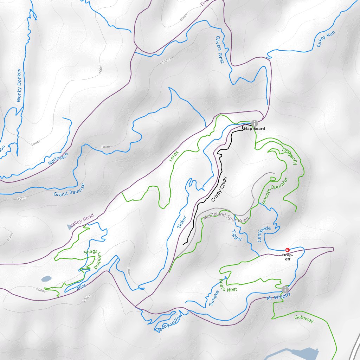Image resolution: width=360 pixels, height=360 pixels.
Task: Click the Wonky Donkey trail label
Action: pyautogui.click(x=19, y=85)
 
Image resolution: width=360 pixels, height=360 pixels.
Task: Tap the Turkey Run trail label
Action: pyautogui.click(x=326, y=39)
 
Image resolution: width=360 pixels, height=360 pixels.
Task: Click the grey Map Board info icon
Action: pyautogui.click(x=254, y=123)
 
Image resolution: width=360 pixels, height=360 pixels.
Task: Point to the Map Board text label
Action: pyautogui.click(x=255, y=129)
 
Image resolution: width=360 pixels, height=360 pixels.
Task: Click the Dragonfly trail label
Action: pyautogui.click(x=290, y=156)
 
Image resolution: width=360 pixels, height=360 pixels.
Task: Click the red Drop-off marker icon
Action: pyautogui.click(x=287, y=249)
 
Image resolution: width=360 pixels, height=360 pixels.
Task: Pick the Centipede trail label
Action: pyautogui.click(x=264, y=234)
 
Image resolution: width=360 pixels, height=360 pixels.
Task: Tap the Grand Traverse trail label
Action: pyautogui.click(x=69, y=190)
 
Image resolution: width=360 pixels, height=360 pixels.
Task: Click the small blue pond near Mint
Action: pyautogui.click(x=46, y=279)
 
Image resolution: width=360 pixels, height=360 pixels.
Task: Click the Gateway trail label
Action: pyautogui.click(x=304, y=319)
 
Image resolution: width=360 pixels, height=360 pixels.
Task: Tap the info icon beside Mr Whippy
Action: pyautogui.click(x=285, y=290)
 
